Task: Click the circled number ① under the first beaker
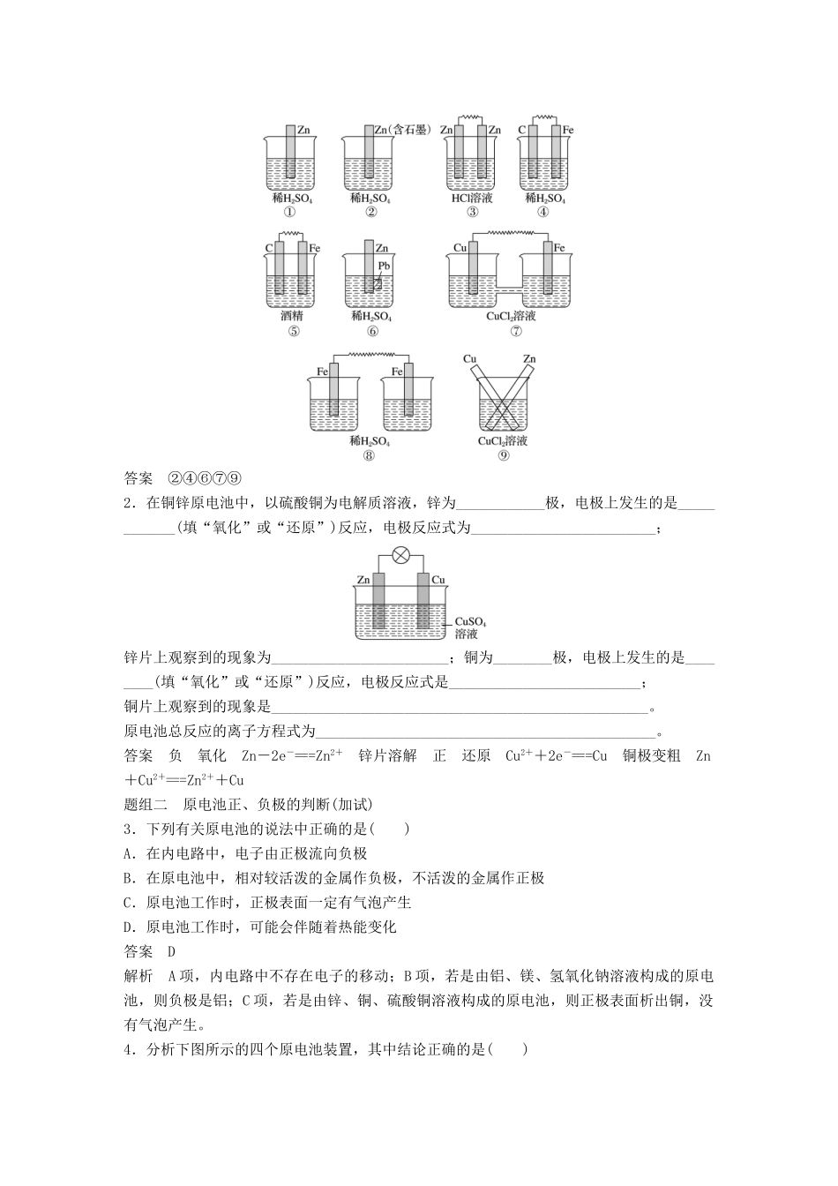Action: pos(289,211)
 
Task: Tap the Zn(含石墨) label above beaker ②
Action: pos(401,130)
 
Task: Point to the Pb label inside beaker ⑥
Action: pos(384,266)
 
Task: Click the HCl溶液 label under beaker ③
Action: pos(472,199)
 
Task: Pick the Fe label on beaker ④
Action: pos(568,130)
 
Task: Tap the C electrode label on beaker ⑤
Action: pos(269,249)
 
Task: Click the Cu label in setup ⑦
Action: pos(460,249)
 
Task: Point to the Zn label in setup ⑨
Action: pos(529,359)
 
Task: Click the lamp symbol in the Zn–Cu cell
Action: pos(400,556)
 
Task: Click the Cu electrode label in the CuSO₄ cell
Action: pos(438,580)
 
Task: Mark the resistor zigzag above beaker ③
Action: pos(471,116)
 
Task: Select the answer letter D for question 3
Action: pos(171,951)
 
